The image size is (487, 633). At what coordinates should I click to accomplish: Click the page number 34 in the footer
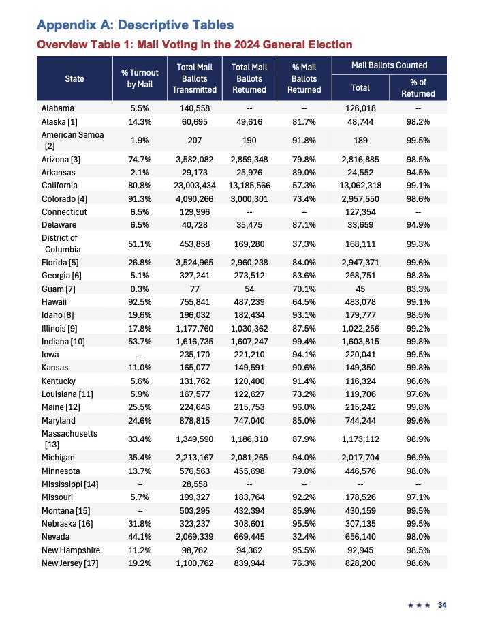point(443,605)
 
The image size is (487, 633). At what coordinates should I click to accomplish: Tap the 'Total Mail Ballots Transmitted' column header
point(195,78)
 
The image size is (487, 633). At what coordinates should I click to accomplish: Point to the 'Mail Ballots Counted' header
point(389,65)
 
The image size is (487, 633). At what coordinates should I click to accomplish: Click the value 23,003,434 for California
point(195,185)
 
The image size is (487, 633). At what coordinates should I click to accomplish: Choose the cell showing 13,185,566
point(249,185)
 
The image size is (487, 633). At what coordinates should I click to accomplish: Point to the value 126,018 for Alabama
point(360,108)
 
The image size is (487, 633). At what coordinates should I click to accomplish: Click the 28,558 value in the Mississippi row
point(195,484)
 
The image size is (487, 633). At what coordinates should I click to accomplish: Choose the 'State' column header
point(75,78)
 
